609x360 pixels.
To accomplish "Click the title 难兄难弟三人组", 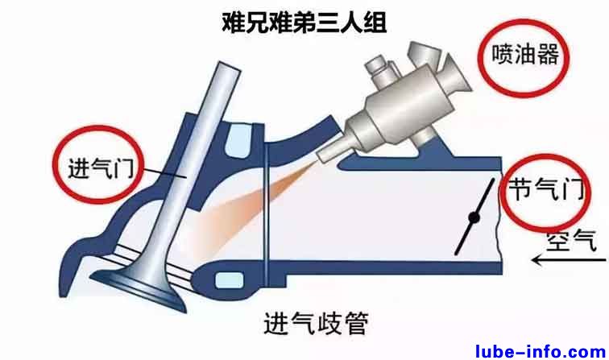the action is coord(304,23).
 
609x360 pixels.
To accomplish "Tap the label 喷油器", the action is coord(525,54).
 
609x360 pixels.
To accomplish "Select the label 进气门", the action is coord(101,168).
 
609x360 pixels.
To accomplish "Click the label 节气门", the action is coord(547,188).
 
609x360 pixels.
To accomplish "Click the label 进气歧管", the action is coord(316,323).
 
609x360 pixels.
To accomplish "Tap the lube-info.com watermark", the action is coord(541,351).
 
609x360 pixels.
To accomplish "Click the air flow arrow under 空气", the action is coord(569,260).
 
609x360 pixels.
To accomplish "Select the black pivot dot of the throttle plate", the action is coord(474,217).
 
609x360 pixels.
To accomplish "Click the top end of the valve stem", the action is coord(229,66).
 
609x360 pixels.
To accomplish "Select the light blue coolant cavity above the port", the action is coord(238,141).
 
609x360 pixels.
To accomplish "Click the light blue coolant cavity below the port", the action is coord(229,280).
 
